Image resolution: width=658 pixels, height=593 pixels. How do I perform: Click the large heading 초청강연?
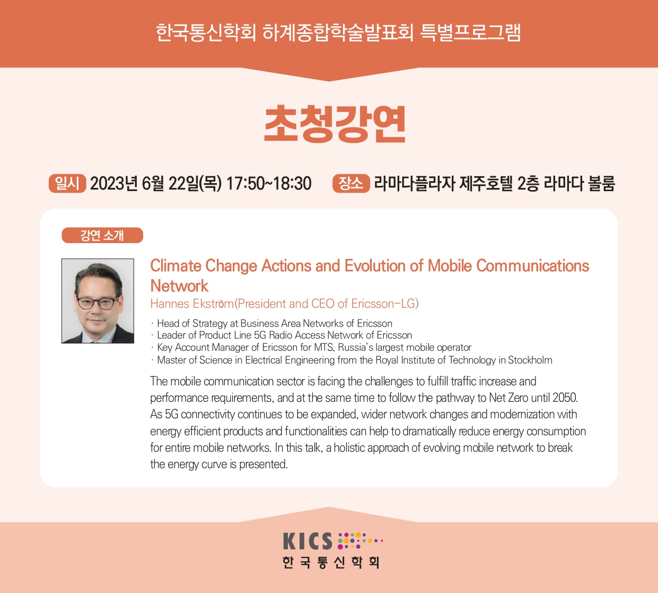coord(335,124)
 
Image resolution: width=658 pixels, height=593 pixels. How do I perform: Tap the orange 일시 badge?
coord(67,183)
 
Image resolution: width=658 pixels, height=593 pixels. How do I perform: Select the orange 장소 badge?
coord(351,183)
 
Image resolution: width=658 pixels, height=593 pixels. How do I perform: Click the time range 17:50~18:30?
coord(269,183)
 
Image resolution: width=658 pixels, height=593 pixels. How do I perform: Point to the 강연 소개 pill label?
coord(102,235)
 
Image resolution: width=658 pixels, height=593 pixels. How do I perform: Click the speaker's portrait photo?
coord(98,301)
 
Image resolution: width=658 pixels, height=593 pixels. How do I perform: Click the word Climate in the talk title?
coord(176,266)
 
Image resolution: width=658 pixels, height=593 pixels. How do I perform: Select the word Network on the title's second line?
coord(179,286)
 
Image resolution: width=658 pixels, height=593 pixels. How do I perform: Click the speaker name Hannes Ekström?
coord(192,304)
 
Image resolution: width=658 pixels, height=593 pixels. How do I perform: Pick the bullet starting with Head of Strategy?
coord(272,323)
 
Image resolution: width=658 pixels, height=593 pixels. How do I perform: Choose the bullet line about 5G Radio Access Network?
coord(282,335)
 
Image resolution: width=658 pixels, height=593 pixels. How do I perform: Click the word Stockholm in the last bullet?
coord(530,360)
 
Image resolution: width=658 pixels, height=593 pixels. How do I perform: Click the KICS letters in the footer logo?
coord(308,542)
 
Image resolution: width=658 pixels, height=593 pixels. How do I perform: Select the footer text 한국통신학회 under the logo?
coord(331,562)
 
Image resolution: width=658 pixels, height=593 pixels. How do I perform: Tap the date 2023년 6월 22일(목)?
coord(156,183)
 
